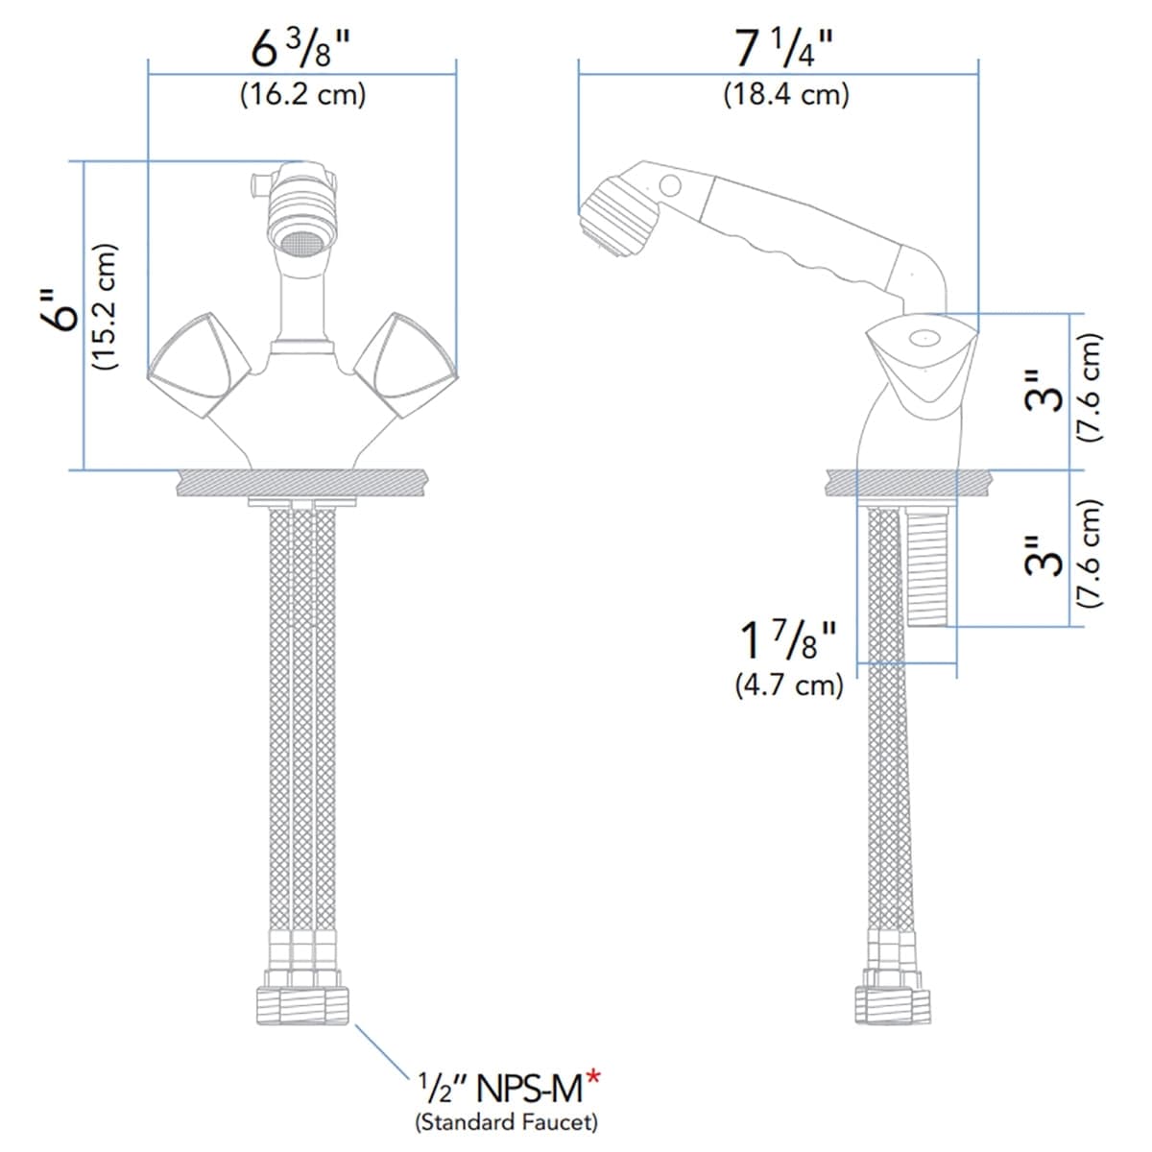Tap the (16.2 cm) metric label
[x=302, y=95]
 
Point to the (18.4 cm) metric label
[x=786, y=95]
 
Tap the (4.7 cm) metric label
[x=789, y=685]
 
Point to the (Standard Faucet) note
[x=506, y=1120]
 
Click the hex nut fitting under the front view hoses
[x=302, y=1004]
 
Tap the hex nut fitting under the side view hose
[x=893, y=1003]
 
